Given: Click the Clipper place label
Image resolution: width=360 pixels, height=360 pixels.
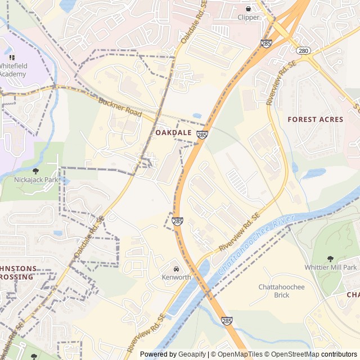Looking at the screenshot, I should [248, 17].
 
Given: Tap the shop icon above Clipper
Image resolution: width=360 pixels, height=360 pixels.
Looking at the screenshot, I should [248, 8].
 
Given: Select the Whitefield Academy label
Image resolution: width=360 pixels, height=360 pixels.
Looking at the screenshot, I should [12, 70].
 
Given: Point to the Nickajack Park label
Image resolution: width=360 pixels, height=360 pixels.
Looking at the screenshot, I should [36, 180].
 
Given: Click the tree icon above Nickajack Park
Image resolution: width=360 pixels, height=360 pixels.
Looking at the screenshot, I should [36, 170].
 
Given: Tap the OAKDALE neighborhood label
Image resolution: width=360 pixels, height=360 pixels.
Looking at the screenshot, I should [173, 133].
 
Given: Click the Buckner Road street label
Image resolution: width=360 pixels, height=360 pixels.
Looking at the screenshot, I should [119, 108].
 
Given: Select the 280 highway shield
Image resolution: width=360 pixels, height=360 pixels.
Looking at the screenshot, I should [303, 51].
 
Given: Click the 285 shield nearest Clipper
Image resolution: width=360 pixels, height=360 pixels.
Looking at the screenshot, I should [266, 43].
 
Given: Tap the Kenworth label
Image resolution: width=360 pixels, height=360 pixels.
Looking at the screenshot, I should [176, 277].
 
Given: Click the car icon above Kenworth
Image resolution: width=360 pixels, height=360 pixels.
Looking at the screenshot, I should [176, 268].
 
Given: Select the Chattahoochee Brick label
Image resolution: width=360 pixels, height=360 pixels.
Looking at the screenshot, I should [281, 291].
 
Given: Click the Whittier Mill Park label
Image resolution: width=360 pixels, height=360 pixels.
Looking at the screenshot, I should [331, 267].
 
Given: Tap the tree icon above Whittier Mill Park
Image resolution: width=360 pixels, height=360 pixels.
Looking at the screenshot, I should [331, 257].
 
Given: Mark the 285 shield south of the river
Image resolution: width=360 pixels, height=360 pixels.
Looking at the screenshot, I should [226, 320].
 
